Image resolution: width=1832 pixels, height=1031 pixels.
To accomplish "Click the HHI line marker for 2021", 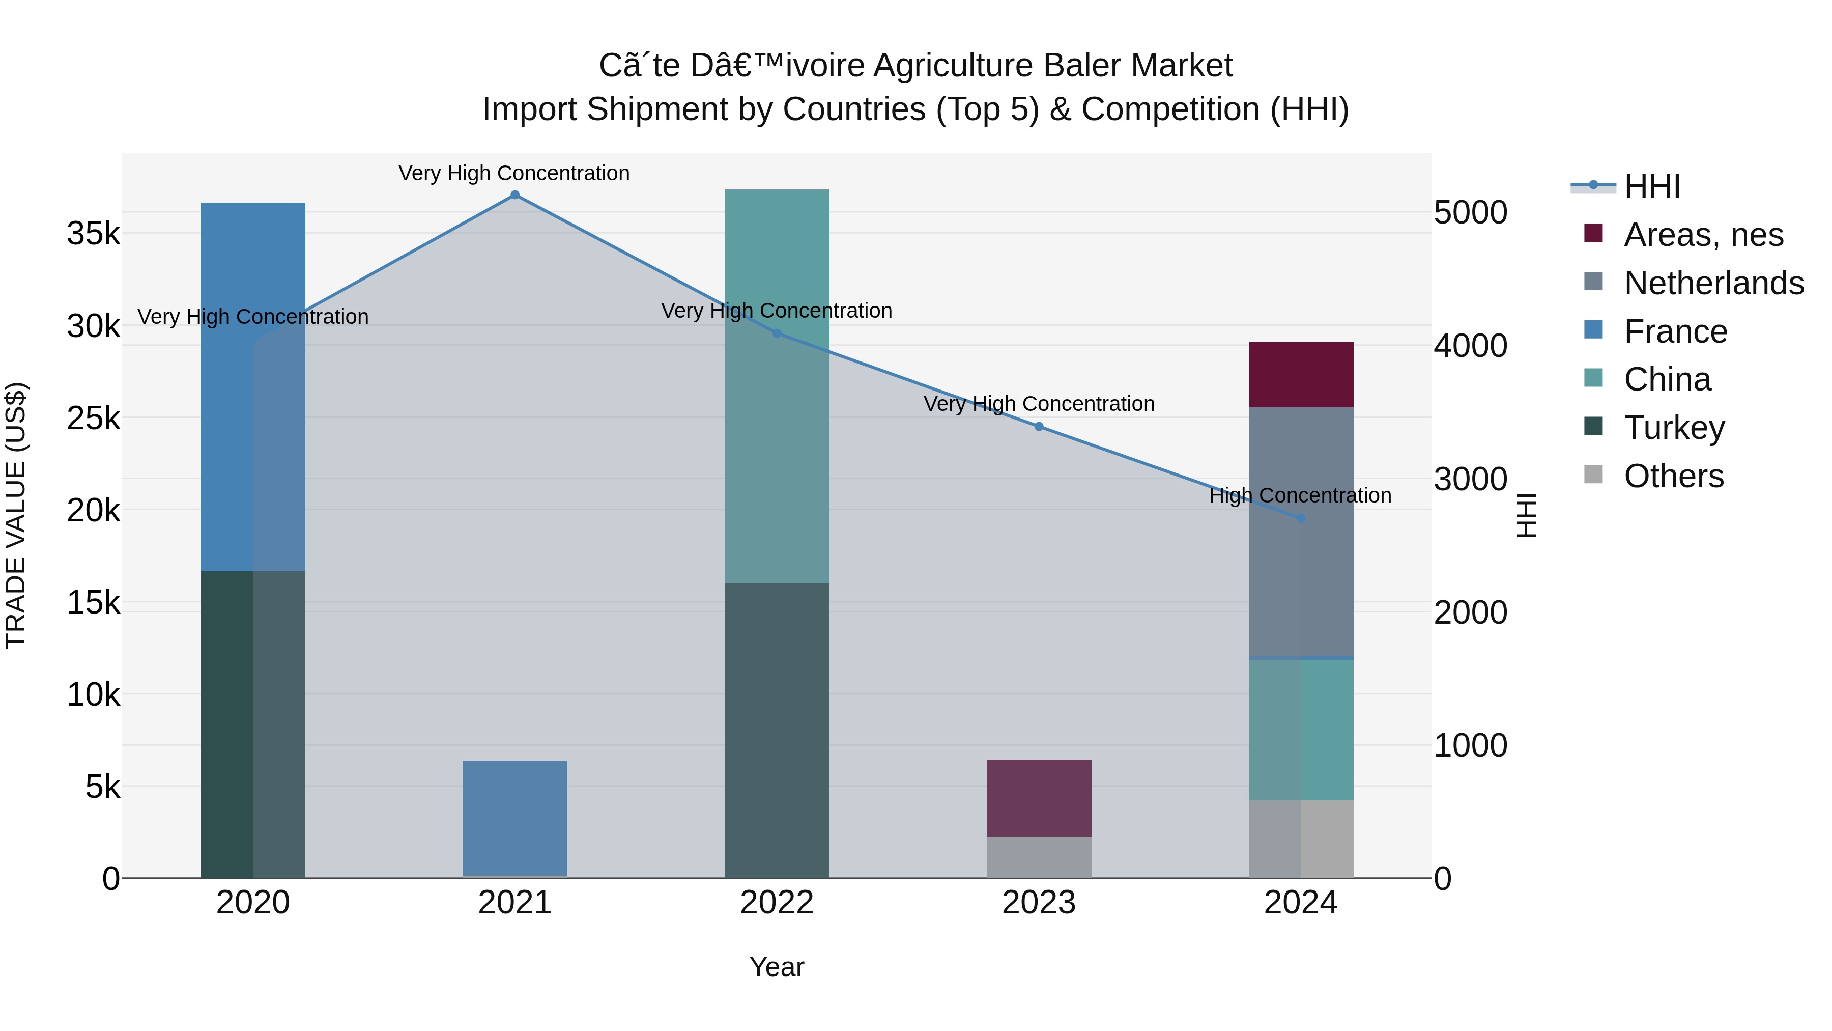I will [x=515, y=195].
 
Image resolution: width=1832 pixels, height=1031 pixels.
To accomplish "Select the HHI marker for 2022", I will [x=777, y=333].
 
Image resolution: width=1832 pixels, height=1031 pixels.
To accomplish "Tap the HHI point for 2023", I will [x=1039, y=426].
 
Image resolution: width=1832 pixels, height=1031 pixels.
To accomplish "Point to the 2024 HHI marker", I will [x=1301, y=518].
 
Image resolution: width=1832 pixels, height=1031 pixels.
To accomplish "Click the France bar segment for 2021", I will [x=515, y=818].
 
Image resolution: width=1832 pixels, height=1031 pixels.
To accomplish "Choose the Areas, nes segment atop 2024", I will [x=1301, y=374].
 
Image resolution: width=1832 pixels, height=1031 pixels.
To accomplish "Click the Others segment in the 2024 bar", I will [x=1301, y=839].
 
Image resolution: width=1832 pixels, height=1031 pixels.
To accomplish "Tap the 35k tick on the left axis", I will [x=93, y=233].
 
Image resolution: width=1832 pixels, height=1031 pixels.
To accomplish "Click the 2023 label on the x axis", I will [x=1039, y=903].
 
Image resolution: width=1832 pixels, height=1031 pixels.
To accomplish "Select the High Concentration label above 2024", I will [x=1300, y=495].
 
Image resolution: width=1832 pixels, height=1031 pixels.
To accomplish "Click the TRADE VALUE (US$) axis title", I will [x=16, y=515].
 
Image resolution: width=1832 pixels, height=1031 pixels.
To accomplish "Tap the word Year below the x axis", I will [x=777, y=967].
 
